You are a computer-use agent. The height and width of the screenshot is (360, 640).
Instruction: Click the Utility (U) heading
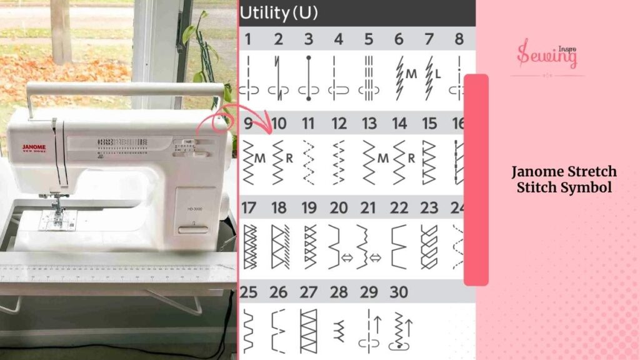pos(279,12)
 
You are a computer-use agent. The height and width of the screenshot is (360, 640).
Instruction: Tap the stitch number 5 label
pos(368,39)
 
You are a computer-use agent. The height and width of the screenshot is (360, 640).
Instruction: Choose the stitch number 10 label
pos(279,124)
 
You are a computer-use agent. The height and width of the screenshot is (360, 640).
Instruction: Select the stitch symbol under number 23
pos(429,246)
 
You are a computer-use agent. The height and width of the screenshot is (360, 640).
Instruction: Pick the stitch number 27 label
pos(309,292)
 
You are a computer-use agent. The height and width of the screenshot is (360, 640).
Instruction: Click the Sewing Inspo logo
pos(547,54)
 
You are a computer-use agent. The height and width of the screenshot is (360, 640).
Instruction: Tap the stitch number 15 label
pos(429,124)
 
